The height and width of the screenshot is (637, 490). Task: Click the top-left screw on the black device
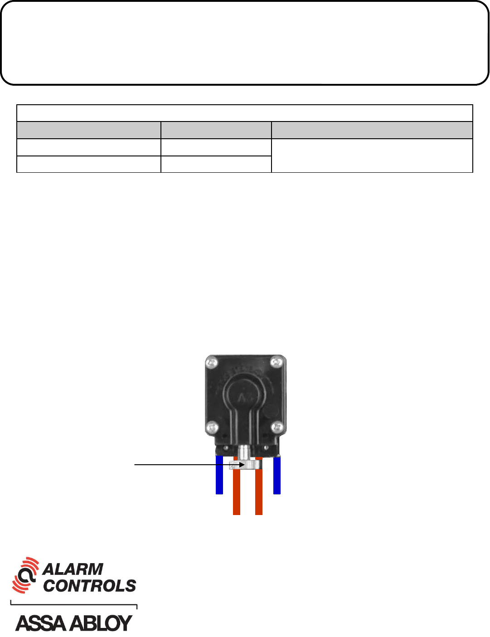[x=212, y=363]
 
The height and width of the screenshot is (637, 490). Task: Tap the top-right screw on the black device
[x=277, y=362]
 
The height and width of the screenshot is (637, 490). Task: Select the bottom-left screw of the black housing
[x=212, y=428]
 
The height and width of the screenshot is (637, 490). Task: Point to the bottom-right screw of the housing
[x=277, y=427]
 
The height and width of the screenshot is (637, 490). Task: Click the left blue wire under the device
[x=219, y=475]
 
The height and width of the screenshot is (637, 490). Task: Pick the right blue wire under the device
[x=277, y=475]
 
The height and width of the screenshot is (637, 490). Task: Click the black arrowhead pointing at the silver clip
[x=242, y=465]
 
